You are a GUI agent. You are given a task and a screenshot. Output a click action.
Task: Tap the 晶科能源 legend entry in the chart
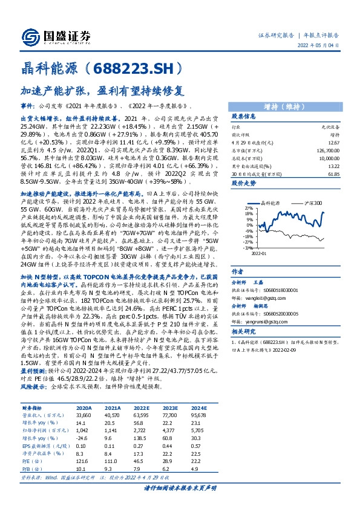pos(267,203)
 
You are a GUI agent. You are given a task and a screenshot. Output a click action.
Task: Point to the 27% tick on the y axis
pos(249,207)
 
